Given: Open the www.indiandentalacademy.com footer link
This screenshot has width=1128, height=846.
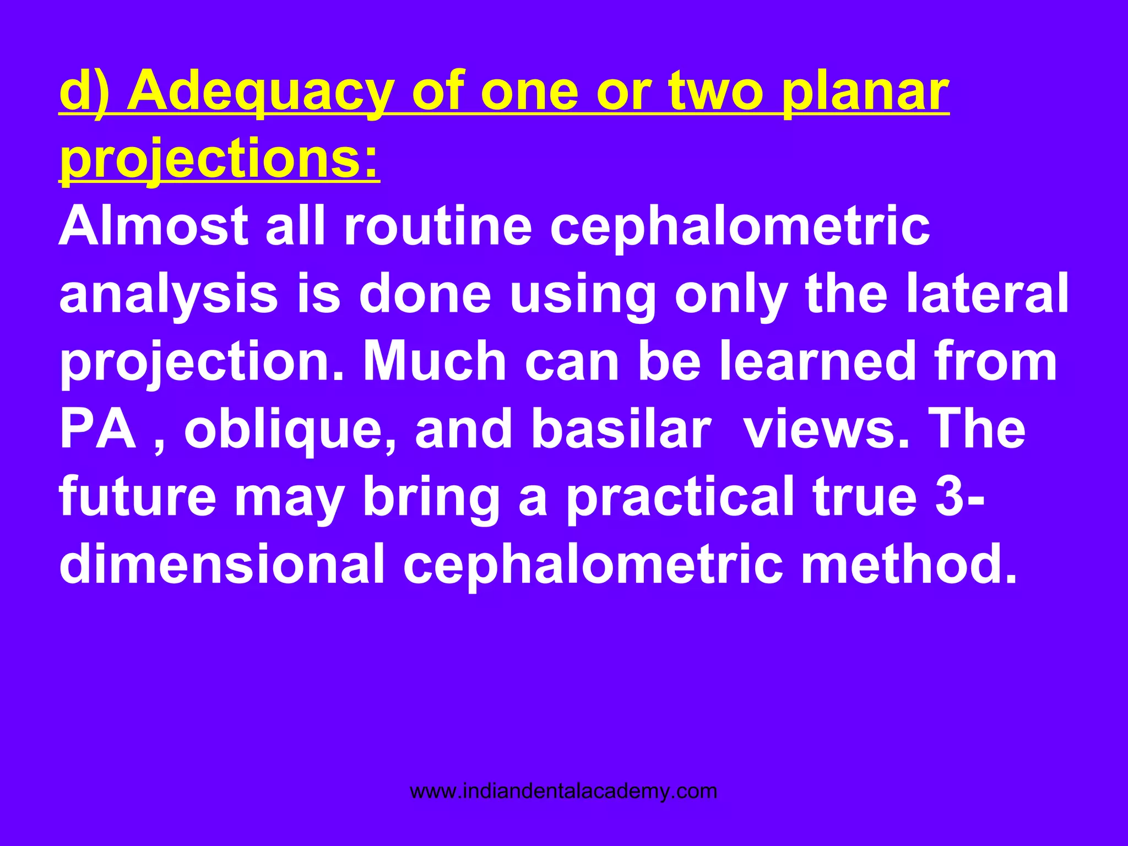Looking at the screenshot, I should (563, 791).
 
